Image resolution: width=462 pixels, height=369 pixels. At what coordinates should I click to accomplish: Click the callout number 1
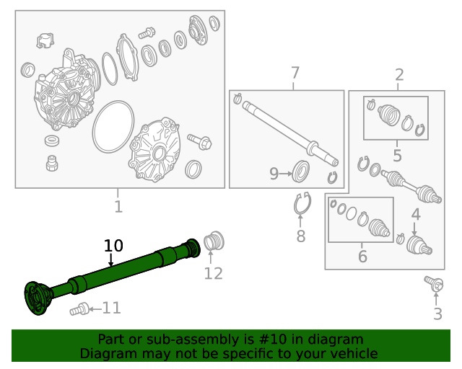click(118, 207)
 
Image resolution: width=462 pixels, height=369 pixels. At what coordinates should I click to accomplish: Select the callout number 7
click(295, 73)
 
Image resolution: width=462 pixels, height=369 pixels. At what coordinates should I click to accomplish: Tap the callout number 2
click(399, 74)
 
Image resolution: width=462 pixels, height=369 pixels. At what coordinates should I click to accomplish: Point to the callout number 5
click(397, 155)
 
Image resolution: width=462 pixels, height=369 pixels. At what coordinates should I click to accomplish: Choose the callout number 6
click(362, 256)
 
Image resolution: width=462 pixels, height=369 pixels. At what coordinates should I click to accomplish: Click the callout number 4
click(416, 214)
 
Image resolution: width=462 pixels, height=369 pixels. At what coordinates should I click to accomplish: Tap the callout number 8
click(301, 236)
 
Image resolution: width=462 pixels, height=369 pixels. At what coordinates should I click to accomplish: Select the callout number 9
click(274, 173)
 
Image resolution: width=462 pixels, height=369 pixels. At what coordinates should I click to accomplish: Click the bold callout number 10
click(114, 246)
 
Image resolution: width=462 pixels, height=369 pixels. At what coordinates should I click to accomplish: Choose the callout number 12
click(213, 273)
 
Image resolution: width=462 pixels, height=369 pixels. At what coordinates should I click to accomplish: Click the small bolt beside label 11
click(77, 310)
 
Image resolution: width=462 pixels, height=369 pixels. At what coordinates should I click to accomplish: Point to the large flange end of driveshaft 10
click(36, 296)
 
